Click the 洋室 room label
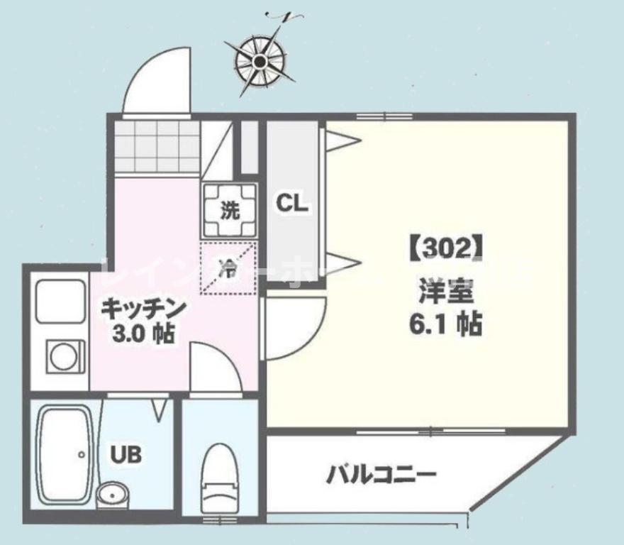click(x=445, y=291)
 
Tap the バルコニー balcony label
click(x=381, y=474)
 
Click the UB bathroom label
click(x=125, y=454)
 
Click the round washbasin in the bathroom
click(x=111, y=495)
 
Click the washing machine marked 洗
click(x=229, y=210)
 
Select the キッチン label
click(x=143, y=309)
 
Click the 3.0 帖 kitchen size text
click(x=143, y=334)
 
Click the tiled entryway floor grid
click(x=158, y=146)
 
